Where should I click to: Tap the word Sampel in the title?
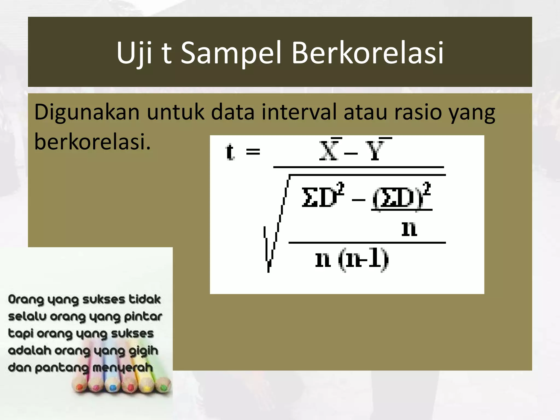tap(231, 53)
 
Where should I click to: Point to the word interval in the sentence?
tap(299, 112)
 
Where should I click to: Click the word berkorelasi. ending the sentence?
tap(92, 142)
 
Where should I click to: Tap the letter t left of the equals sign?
tap(230, 151)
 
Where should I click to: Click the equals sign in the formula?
tap(253, 151)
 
